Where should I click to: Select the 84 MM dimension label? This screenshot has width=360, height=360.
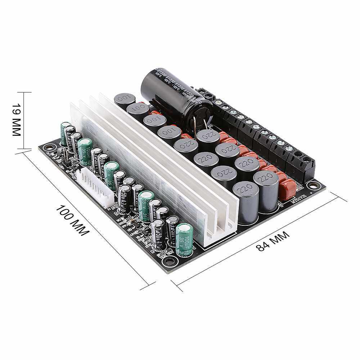(x=273, y=241)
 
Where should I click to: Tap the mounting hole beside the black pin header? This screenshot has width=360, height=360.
(x=50, y=148)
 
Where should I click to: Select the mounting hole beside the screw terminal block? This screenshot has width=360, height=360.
(x=314, y=185)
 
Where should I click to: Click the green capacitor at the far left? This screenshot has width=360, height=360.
(x=66, y=133)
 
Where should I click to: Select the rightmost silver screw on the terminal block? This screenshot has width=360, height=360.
(x=288, y=148)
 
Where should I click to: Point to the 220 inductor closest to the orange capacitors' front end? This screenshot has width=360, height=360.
(x=266, y=191)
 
